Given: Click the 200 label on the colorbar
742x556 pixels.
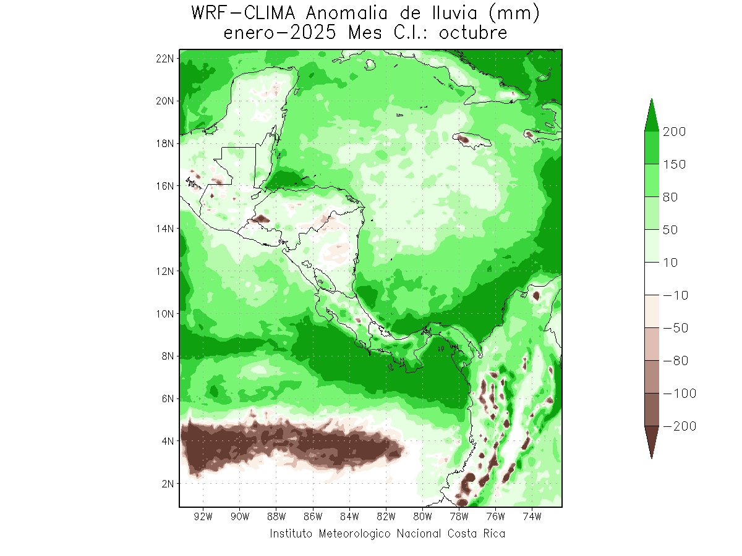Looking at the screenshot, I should tap(674, 132).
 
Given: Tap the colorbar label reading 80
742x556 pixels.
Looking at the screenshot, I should tap(670, 197).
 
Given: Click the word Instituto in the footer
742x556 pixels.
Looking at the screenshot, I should tap(292, 533).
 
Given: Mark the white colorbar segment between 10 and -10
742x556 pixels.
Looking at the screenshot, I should tap(652, 279).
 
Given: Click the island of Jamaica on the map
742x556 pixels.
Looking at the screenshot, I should tap(470, 140).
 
